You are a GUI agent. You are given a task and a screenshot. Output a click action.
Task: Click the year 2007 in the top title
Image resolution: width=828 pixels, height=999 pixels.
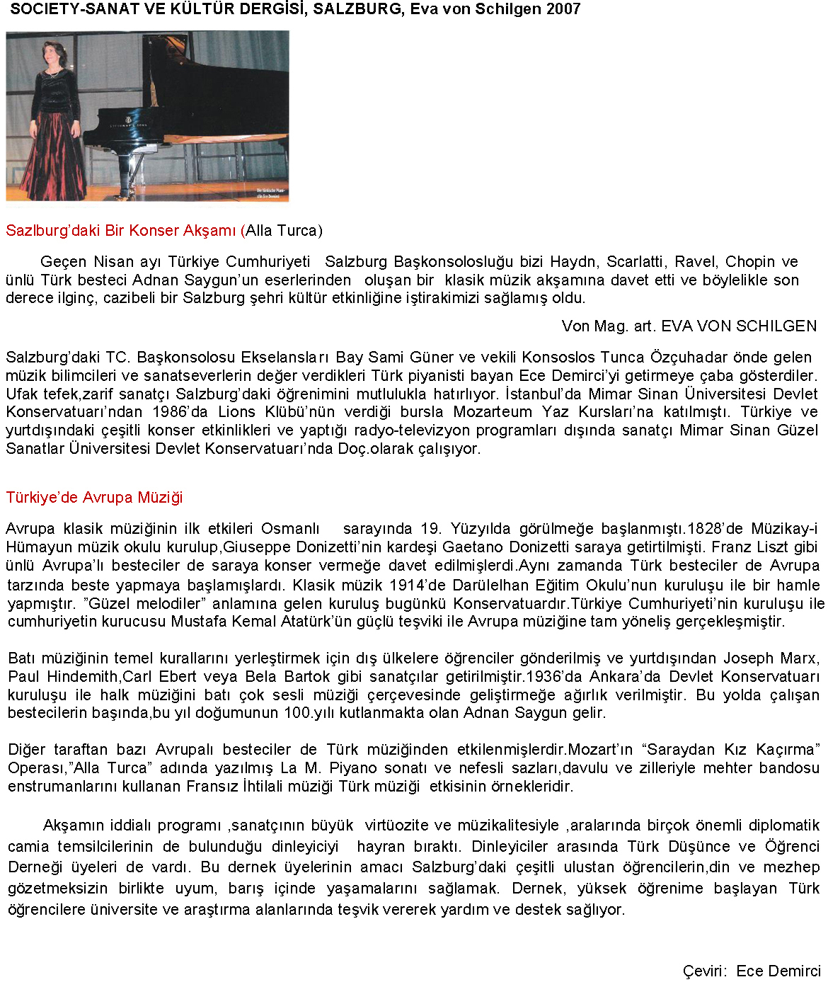(563, 9)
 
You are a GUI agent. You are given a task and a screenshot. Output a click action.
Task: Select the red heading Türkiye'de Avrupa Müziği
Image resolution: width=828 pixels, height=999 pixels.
(94, 498)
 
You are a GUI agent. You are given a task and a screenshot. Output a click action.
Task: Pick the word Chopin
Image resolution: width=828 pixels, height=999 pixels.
(750, 262)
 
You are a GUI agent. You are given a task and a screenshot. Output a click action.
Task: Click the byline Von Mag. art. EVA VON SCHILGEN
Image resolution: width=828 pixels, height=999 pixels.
(689, 326)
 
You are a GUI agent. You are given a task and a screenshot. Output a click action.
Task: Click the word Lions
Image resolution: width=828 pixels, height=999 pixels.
(236, 412)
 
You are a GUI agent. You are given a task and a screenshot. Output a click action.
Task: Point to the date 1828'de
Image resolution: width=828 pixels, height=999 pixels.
(715, 529)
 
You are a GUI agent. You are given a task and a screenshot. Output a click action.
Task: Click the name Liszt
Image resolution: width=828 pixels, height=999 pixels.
(775, 547)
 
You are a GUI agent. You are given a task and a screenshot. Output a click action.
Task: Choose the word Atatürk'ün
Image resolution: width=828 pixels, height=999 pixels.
(315, 622)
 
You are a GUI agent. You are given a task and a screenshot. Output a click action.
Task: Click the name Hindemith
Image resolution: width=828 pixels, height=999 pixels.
(78, 677)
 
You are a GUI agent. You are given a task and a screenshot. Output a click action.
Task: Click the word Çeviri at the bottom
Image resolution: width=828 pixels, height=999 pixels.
(704, 971)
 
